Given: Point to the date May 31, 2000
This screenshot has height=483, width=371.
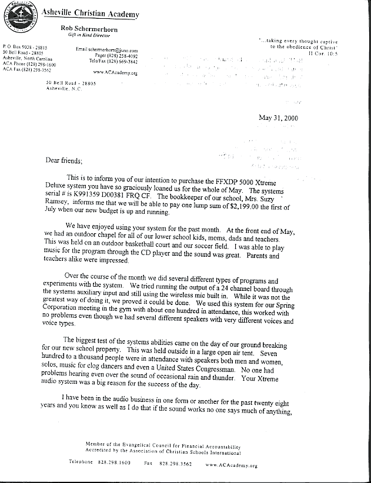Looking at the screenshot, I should click(x=278, y=118).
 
